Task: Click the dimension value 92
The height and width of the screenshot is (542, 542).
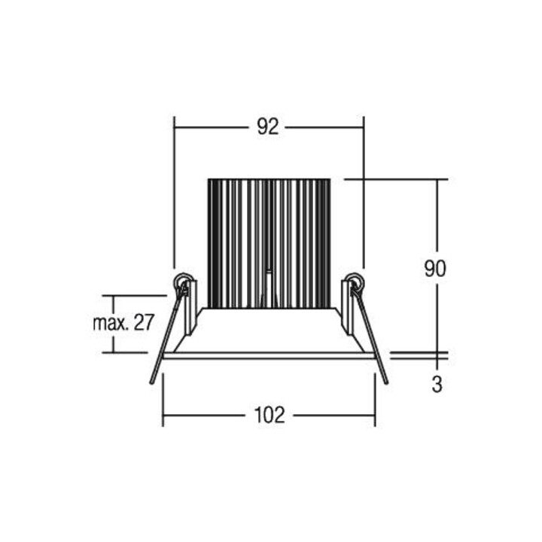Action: tap(268, 127)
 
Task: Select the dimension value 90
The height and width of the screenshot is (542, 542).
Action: tap(435, 269)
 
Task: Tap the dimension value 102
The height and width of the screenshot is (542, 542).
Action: tap(269, 415)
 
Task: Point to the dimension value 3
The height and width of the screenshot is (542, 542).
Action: tap(437, 384)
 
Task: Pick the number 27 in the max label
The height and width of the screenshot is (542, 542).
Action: tap(144, 322)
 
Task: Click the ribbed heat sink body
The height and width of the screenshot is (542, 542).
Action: tap(269, 243)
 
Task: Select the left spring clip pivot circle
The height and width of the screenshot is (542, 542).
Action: tap(182, 282)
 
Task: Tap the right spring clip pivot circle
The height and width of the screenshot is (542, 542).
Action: tap(355, 282)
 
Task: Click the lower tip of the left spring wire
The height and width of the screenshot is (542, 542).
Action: tap(151, 382)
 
